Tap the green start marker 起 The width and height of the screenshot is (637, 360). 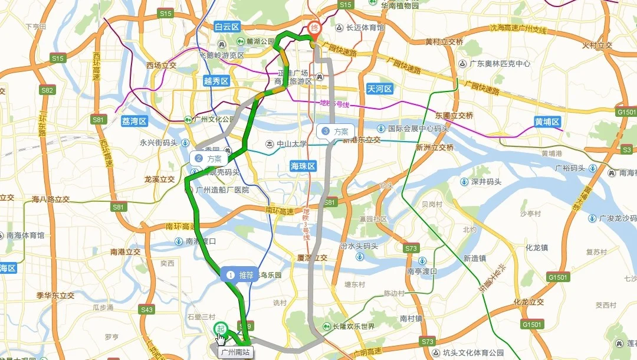[221, 328]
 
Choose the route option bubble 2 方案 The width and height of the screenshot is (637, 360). [208, 159]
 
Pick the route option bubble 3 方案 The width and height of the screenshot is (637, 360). [335, 131]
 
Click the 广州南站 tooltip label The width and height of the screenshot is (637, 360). [235, 352]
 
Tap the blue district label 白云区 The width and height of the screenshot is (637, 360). [227, 27]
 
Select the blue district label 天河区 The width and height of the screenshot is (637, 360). [379, 89]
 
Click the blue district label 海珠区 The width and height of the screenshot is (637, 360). [303, 166]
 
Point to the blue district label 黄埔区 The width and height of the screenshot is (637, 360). [547, 122]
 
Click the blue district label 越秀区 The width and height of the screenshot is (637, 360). [215, 81]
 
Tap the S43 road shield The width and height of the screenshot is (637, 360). [147, 309]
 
